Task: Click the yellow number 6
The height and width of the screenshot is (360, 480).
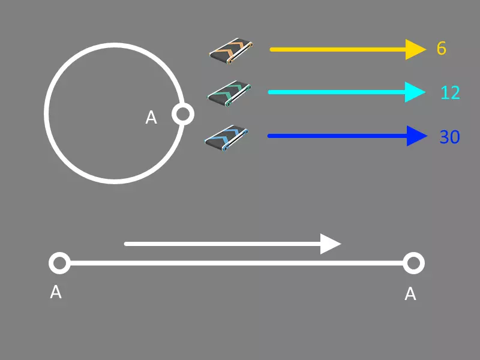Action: click(x=442, y=49)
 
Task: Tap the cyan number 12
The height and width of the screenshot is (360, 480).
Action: click(x=450, y=92)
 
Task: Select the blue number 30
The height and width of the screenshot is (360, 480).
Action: click(x=449, y=137)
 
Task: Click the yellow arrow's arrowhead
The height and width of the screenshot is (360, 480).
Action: click(x=415, y=49)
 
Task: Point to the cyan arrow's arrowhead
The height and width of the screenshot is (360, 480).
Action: click(x=415, y=92)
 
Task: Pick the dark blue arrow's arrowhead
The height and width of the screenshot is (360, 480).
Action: click(x=416, y=136)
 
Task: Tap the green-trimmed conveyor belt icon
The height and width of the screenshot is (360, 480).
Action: click(x=229, y=94)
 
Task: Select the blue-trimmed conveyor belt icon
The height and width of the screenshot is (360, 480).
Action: click(x=227, y=138)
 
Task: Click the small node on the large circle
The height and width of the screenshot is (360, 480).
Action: click(x=182, y=113)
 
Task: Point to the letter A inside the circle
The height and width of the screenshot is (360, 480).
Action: click(x=151, y=118)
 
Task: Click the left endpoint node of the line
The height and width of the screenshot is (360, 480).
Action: click(x=59, y=263)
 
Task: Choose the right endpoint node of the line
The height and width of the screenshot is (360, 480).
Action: click(x=413, y=263)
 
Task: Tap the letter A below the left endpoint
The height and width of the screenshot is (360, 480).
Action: click(x=56, y=292)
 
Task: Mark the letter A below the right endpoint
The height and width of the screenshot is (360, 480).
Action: click(x=410, y=294)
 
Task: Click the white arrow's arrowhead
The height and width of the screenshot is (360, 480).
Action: click(x=330, y=244)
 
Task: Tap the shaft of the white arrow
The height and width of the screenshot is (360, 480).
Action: click(x=222, y=244)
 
